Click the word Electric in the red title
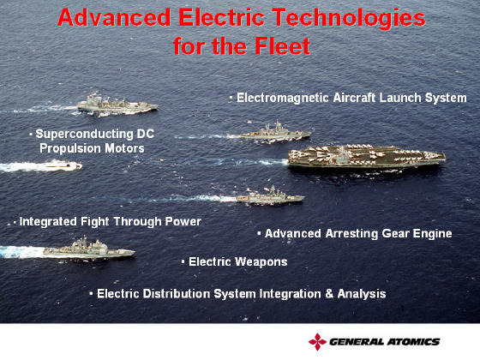[x=221, y=17]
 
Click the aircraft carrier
[x=367, y=156]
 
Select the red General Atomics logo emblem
[x=317, y=342]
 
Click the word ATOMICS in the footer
[x=412, y=342]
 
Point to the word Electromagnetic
[x=283, y=98]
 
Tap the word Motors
[x=124, y=148]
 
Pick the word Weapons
[x=261, y=262]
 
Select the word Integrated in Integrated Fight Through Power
[x=48, y=222]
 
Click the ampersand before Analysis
[x=329, y=293]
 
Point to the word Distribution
[x=177, y=294]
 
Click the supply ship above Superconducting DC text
[x=117, y=105]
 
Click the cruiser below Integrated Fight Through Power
[x=89, y=249]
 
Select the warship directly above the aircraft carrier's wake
[x=275, y=132]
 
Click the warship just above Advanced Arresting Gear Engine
[x=270, y=196]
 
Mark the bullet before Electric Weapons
[x=183, y=262]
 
